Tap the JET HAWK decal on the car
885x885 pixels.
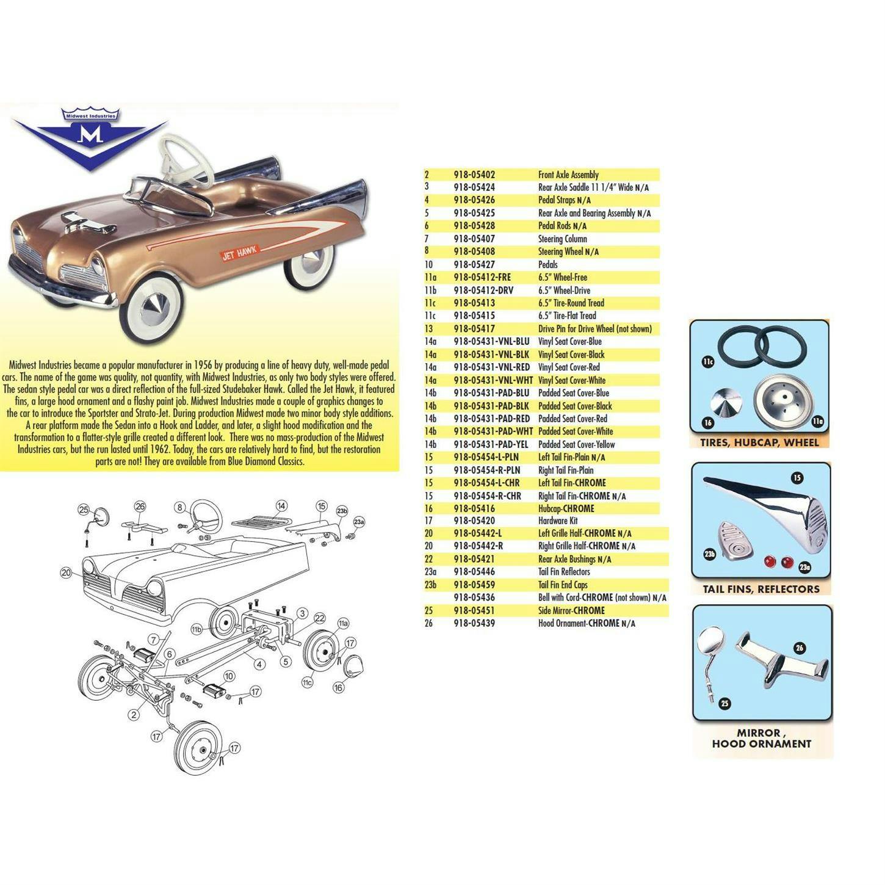[240, 252]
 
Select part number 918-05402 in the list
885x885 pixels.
[474, 175]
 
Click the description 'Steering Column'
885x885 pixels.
[562, 239]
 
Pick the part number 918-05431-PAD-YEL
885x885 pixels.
[491, 444]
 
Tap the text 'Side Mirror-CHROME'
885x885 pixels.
[571, 610]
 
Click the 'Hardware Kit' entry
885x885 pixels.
[558, 521]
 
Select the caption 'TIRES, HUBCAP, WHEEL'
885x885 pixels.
[759, 442]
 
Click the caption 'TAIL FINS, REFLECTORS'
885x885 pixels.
[761, 589]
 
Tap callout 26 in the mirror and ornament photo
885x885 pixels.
[799, 648]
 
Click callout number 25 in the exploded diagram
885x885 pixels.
[84, 511]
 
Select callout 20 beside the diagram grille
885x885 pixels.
[66, 573]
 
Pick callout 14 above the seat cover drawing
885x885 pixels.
[281, 506]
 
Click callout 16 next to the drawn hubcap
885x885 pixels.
[338, 687]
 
